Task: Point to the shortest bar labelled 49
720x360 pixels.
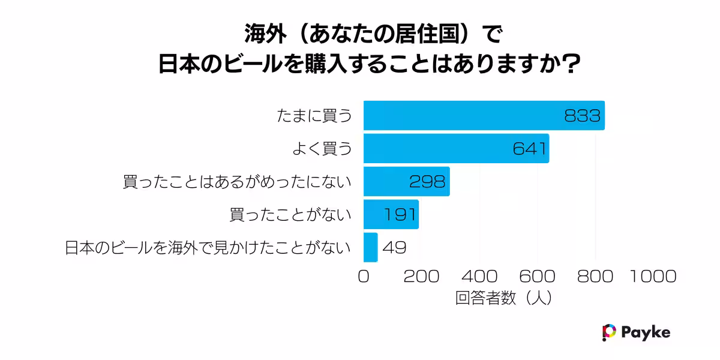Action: coord(370,247)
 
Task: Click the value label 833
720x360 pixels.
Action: coord(582,115)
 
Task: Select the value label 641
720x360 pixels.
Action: coord(530,148)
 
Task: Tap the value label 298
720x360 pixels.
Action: coord(427,181)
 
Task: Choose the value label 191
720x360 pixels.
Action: coord(398,214)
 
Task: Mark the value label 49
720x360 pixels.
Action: coord(394,247)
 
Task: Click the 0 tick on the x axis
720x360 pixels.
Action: coord(364,277)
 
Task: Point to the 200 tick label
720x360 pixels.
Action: coord(421,277)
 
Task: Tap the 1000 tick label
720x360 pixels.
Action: coord(653,277)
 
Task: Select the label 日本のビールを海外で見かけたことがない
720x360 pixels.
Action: coord(208,247)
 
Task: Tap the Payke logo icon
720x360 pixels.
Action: coord(609,332)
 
